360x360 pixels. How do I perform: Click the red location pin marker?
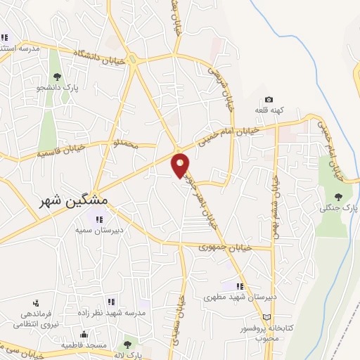181,165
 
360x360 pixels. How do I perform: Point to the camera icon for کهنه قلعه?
268,101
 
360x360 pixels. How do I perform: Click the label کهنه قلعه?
268,111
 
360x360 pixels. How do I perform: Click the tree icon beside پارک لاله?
127,345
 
